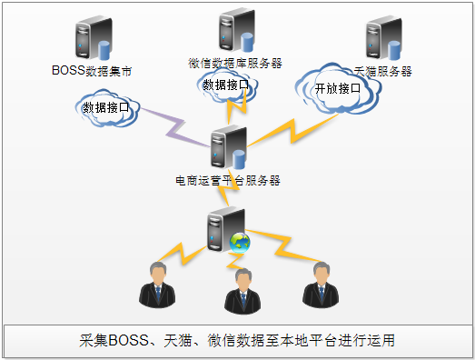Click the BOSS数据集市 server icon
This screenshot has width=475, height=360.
pos(94,39)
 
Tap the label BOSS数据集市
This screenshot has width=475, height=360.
pos(93,70)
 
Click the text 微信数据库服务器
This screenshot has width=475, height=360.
pos(235,63)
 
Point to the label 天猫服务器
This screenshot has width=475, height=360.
pos(384,70)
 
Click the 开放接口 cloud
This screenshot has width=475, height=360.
pos(337,90)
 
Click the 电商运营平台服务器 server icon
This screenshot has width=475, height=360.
pos(227,149)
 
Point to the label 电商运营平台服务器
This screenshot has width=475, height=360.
pos(228,180)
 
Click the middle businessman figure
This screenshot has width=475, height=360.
pos(242,292)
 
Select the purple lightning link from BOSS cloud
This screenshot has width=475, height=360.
pos(173,129)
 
